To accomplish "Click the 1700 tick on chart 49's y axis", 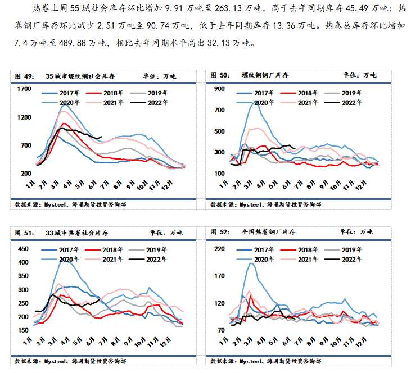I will coord(24,89).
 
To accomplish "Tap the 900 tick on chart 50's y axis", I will coord(219,89).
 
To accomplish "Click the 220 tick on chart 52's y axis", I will coord(219,248).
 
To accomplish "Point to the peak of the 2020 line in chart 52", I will coord(251,263).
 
